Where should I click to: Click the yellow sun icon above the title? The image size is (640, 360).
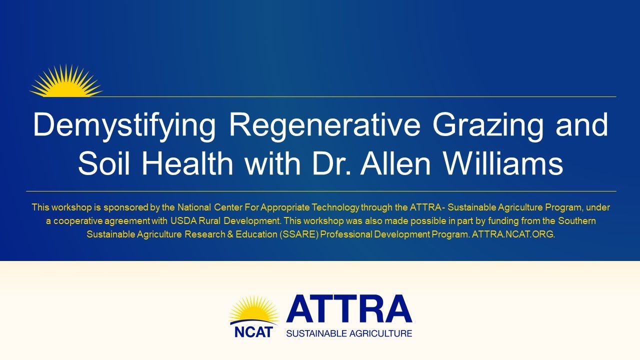(x=66, y=81)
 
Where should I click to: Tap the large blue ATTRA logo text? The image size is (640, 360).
(x=349, y=309)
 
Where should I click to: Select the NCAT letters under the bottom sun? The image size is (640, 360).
(x=253, y=331)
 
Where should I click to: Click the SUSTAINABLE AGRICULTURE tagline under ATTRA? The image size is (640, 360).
(x=349, y=333)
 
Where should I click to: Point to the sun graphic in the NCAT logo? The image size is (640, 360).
(x=253, y=310)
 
